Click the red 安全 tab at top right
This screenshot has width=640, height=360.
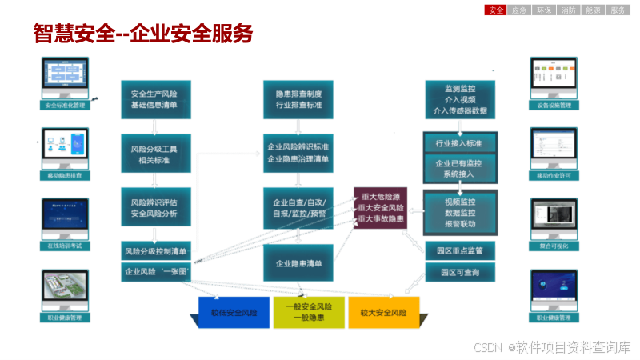[496, 10]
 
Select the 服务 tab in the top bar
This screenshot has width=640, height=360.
[618, 10]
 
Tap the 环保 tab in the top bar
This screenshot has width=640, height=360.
[544, 10]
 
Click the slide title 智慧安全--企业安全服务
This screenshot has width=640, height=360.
[143, 34]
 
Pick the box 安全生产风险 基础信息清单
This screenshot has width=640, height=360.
[155, 99]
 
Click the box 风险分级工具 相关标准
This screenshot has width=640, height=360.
[155, 154]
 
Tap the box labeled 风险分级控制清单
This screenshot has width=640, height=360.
[155, 251]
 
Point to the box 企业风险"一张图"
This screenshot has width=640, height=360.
[155, 272]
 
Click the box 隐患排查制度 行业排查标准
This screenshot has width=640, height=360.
[298, 99]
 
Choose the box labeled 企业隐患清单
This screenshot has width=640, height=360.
[298, 263]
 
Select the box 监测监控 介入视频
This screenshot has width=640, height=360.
[459, 99]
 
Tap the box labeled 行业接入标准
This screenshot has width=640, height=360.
[459, 144]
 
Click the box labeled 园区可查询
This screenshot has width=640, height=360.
[459, 273]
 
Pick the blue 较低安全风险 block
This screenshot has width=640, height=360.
[235, 313]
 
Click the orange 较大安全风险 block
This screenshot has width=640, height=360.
[384, 313]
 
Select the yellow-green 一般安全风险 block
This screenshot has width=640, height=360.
[310, 313]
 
